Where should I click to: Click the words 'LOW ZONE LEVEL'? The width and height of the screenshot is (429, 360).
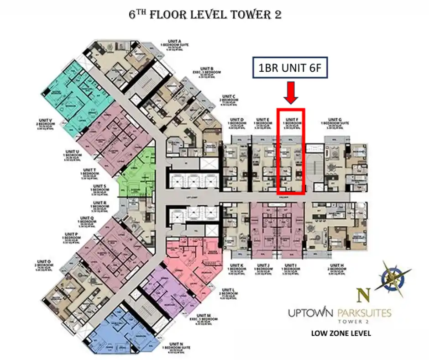click(x=341, y=333)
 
